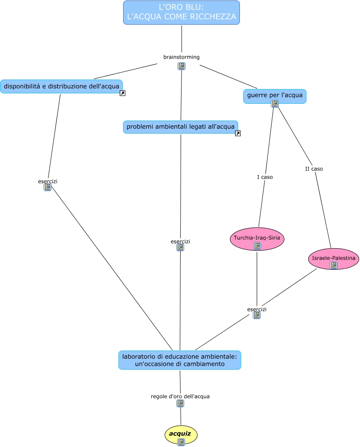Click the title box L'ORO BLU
pos(182,13)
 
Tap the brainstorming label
pos(182,57)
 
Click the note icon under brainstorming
pos(182,66)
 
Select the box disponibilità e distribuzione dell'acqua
pos(61,86)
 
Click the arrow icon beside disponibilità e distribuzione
pos(122,93)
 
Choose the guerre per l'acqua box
pos(274,94)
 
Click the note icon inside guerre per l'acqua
pos(275,104)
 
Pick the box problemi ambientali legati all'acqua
pos(181,127)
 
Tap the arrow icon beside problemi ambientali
pos(238,134)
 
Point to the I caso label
pos(265,177)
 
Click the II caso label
pos(314,169)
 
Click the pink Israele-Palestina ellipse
pos(334,258)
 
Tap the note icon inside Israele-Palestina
pos(334,265)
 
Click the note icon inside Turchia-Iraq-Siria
pos(257,246)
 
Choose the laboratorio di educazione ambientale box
pos(180,360)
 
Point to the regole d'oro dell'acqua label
pos(180,396)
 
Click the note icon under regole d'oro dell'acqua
pos(180,403)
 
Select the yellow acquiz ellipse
pos(181,433)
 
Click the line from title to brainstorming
pos(182,39)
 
